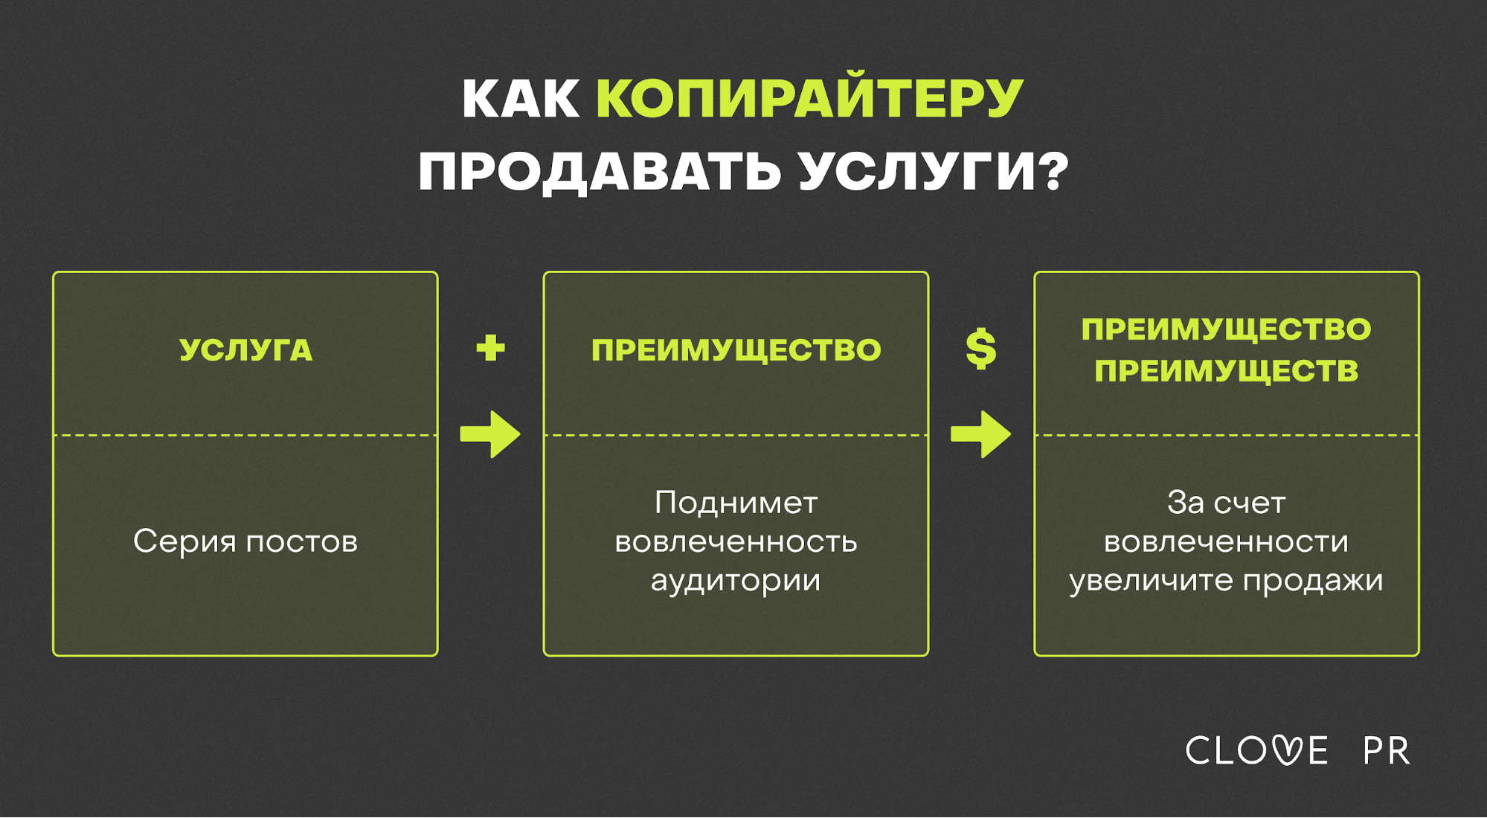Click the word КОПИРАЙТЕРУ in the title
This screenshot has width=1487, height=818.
pos(810,97)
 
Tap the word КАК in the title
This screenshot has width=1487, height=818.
pos(521,98)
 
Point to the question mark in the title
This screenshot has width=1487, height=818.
pos(1053,170)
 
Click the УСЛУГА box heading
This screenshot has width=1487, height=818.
pos(245,350)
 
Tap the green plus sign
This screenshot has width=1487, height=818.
pos(490,347)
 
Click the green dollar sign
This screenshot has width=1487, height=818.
pos(980,349)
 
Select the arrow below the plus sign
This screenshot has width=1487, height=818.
pos(490,434)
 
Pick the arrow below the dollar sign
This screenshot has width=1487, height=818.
pos(980,434)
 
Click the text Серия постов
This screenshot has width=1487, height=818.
pos(245,541)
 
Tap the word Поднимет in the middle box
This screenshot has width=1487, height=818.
pos(736,503)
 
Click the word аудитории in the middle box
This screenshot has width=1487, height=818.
pos(736,581)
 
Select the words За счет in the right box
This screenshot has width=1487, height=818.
pos(1226,503)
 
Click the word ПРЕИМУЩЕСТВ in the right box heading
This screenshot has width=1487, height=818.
pos(1226,371)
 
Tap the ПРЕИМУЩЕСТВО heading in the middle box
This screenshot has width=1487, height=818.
pos(736,350)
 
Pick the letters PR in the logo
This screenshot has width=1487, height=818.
pos(1387,751)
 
